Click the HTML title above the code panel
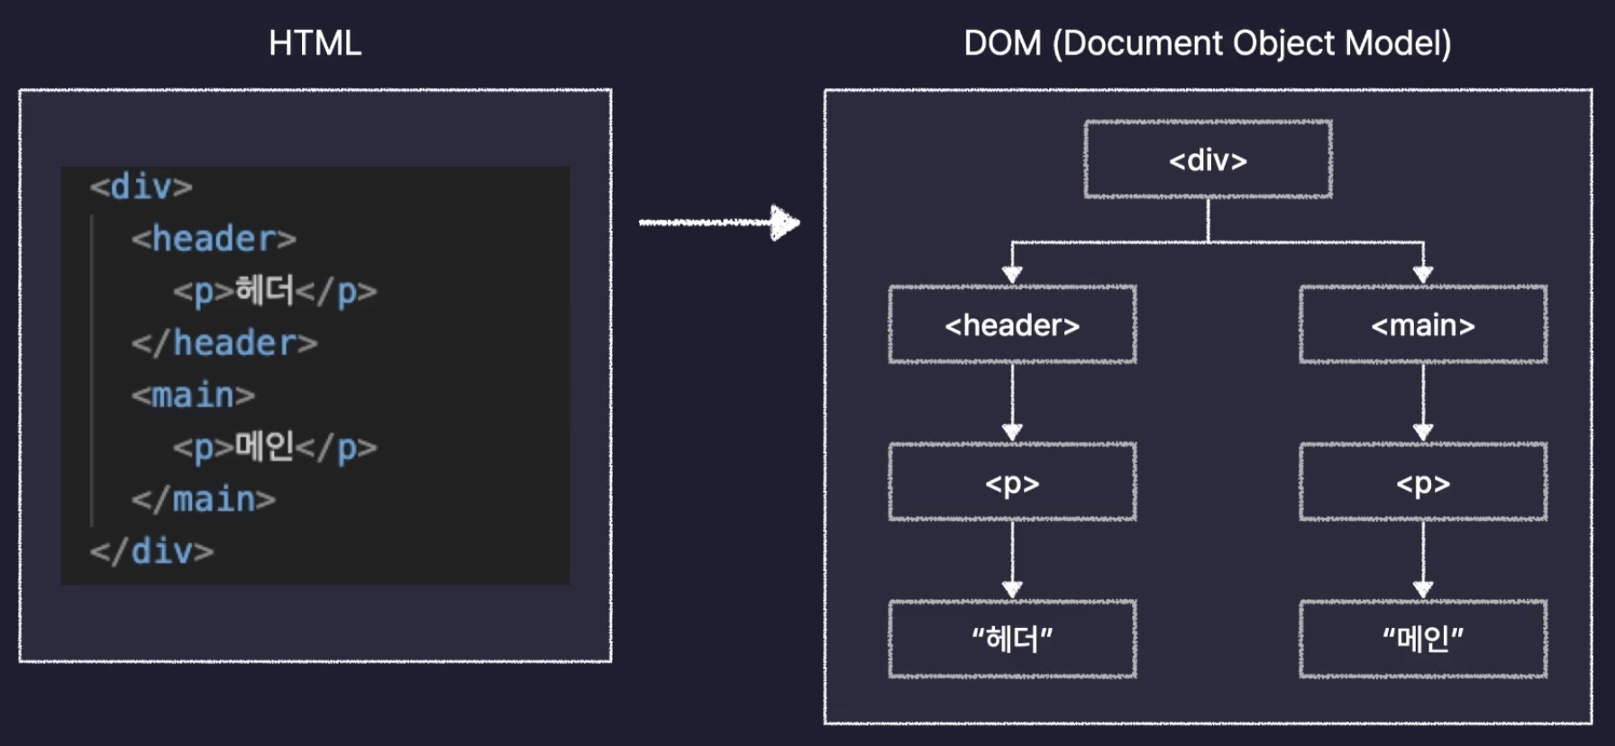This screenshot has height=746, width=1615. pos(315,43)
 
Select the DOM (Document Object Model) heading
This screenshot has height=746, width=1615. pos(1207,43)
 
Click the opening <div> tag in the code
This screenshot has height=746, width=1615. pos(141,186)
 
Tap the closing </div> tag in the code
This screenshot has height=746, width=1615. pos(151,550)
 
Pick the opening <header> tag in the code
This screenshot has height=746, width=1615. pos(214,239)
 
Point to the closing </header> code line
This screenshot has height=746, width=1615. pos(224,343)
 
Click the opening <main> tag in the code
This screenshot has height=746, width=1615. pos(193,396)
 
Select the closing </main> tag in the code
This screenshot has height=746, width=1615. pos(204,499)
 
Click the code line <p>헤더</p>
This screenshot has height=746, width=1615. pos(275,291)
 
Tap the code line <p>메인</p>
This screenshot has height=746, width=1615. pos(275,447)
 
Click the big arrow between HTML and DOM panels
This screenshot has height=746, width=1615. pos(719,223)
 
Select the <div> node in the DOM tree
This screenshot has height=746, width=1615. pos(1208,159)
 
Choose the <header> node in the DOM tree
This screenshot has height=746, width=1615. pos(1012,324)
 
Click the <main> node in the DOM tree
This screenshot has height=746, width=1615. pos(1423,324)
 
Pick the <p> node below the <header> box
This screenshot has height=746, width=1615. pos(1012,482)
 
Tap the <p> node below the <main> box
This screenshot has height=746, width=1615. pos(1423,482)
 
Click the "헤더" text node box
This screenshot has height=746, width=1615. pos(1012,639)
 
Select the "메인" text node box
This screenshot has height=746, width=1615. pos(1423,639)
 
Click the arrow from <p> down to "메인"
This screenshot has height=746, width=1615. pos(1423,559)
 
